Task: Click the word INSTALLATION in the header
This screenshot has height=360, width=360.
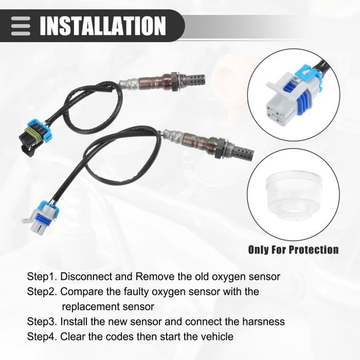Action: (103, 26)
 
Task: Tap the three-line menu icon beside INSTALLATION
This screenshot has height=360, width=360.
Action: (21, 26)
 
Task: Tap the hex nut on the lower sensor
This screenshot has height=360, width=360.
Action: (219, 148)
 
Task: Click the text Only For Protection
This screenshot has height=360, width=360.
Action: (293, 249)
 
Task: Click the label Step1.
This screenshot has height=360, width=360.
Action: (42, 277)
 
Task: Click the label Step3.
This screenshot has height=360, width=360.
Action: (42, 321)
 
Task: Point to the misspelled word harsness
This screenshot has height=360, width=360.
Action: (263, 321)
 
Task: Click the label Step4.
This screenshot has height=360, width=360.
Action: (42, 337)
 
